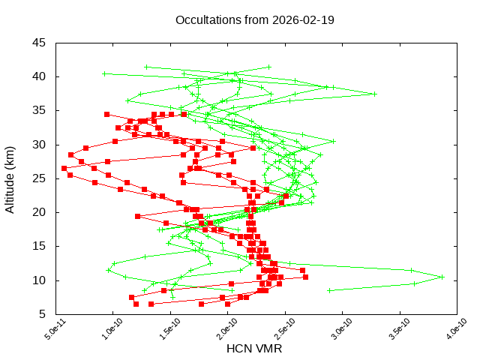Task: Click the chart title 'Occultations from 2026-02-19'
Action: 254,19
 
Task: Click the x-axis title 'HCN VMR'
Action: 254,349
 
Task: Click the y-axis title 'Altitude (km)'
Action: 10,178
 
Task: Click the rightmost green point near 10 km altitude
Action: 442,277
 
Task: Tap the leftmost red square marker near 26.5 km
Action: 64,168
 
